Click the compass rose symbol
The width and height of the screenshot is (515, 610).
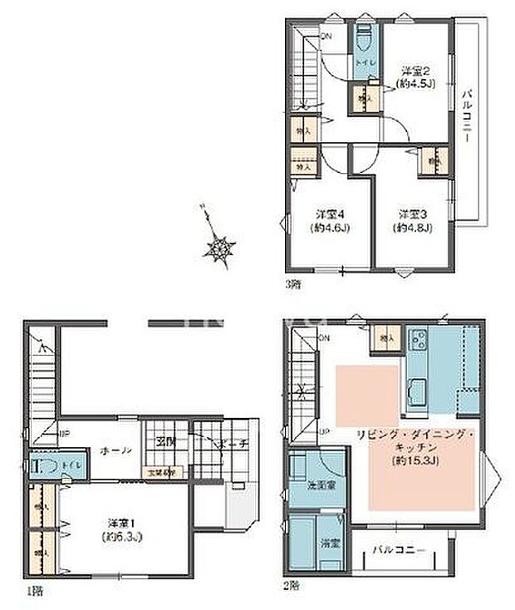pos(221,245)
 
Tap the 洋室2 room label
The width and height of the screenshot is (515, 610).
pos(413,70)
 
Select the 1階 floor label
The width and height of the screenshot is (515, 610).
pos(32,592)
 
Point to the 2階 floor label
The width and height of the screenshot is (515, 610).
pos(292,585)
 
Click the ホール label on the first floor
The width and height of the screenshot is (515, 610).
pos(115,450)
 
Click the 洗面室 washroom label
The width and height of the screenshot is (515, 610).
pos(307,485)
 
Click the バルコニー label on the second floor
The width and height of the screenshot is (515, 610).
pos(399,550)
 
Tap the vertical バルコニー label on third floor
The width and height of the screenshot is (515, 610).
pos(466,116)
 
